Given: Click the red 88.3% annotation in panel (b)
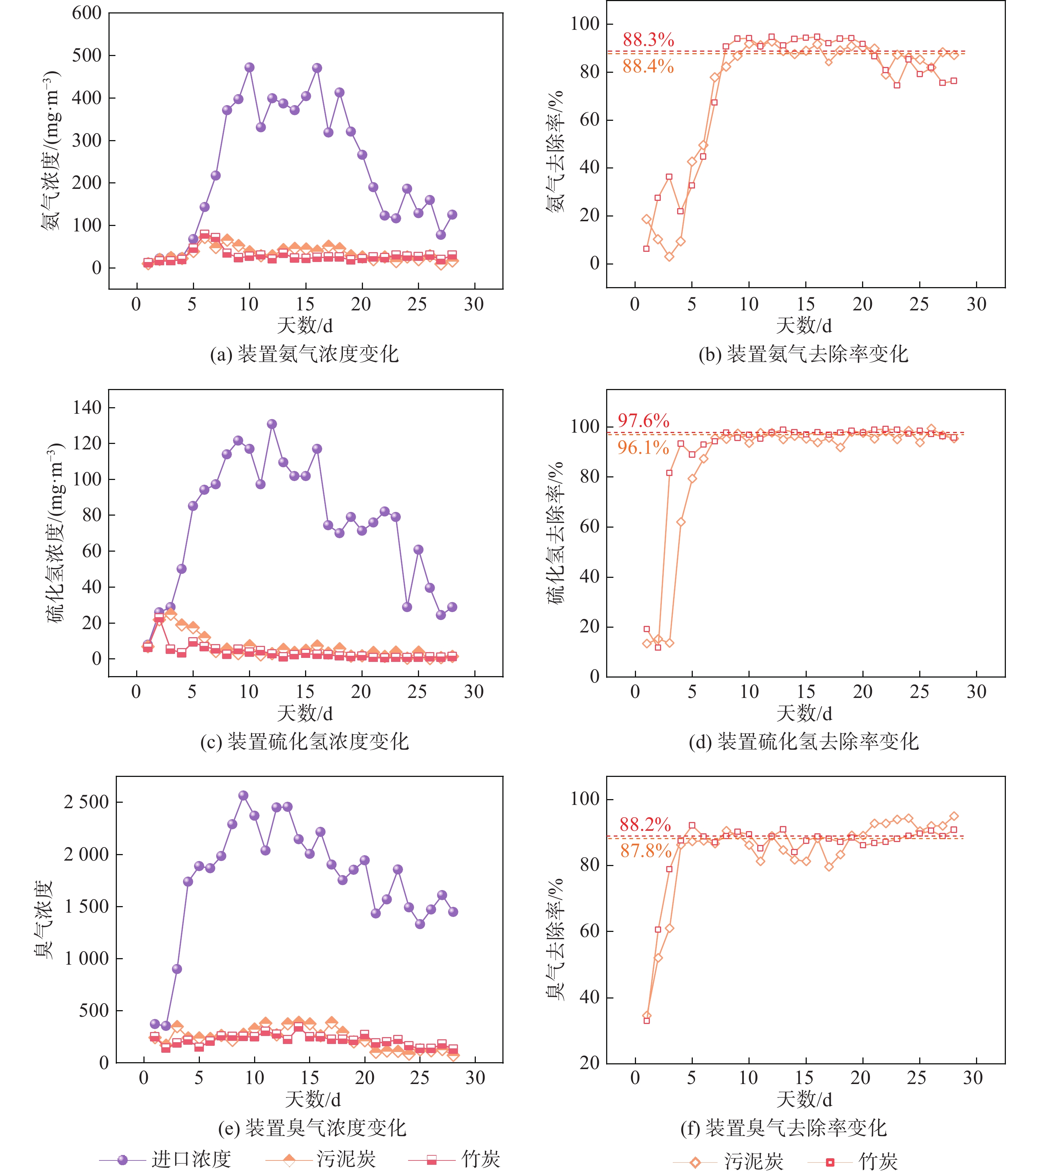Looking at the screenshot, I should tap(648, 40).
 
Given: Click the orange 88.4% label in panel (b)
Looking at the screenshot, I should tap(648, 67).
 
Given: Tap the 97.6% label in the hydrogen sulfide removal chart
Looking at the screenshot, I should tap(643, 421).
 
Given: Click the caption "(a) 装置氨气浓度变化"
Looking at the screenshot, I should tap(304, 354).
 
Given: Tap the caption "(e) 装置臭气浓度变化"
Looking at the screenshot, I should tap(312, 1128).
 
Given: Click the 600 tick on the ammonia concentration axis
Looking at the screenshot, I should tap(87, 13).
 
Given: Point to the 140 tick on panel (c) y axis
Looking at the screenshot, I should tap(87, 408).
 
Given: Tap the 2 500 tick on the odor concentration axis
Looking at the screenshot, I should tap(86, 802).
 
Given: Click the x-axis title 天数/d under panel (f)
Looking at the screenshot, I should tap(804, 1100).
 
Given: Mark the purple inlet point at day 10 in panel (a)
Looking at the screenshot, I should tap(249, 67).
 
